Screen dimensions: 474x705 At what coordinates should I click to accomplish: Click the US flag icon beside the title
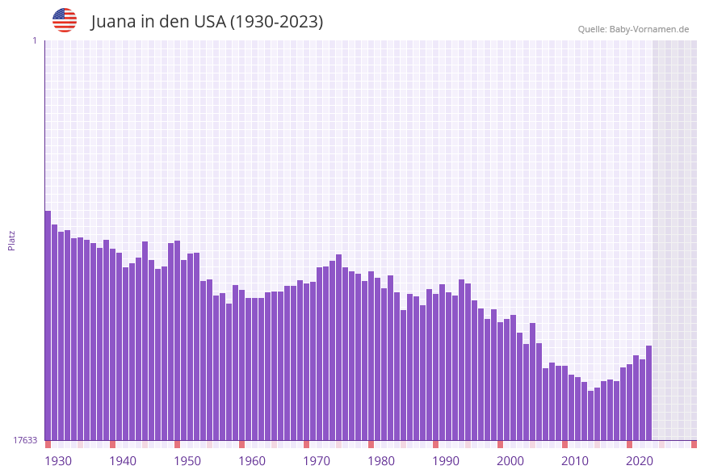click(x=65, y=20)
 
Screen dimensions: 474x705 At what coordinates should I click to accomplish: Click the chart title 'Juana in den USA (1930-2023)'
click(x=207, y=22)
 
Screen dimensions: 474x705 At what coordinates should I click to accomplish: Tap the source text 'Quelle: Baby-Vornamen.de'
click(x=633, y=29)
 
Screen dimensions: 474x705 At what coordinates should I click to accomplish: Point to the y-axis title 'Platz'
click(x=11, y=240)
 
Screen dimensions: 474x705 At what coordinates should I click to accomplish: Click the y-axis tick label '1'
click(x=34, y=40)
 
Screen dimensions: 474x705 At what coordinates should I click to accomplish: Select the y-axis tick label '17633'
click(x=25, y=440)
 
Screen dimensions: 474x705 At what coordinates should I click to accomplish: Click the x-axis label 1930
click(x=58, y=461)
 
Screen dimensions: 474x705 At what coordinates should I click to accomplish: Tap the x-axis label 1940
click(x=123, y=461)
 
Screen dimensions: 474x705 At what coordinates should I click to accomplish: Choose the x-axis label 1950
click(x=187, y=461)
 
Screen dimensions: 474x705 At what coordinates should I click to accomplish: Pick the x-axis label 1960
click(x=252, y=461)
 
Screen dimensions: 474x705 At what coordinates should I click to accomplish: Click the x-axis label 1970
click(x=317, y=461)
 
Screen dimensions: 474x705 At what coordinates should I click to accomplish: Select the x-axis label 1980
click(x=381, y=461)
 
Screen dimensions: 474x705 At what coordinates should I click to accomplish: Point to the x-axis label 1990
click(x=446, y=461)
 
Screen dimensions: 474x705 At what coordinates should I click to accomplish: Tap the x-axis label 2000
click(x=510, y=461)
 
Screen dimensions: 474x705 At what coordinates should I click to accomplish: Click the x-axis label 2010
click(x=575, y=461)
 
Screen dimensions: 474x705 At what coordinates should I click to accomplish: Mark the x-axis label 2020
click(x=640, y=461)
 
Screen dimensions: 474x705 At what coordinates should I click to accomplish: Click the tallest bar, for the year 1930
click(x=48, y=323)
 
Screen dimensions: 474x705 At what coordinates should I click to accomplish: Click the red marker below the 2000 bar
click(x=500, y=444)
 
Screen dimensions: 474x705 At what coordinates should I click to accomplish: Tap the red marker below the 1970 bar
click(x=306, y=444)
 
